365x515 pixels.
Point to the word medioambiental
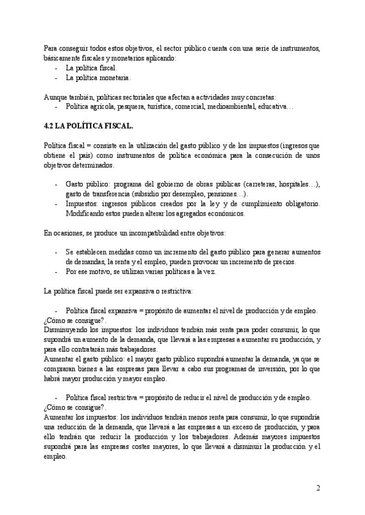[x=226, y=107]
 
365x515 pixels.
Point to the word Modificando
[x=86, y=214]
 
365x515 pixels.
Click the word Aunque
[x=58, y=97]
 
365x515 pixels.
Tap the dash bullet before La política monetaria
[x=56, y=78]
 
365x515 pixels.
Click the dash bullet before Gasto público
[x=56, y=185]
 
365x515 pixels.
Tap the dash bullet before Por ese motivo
[x=56, y=272]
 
